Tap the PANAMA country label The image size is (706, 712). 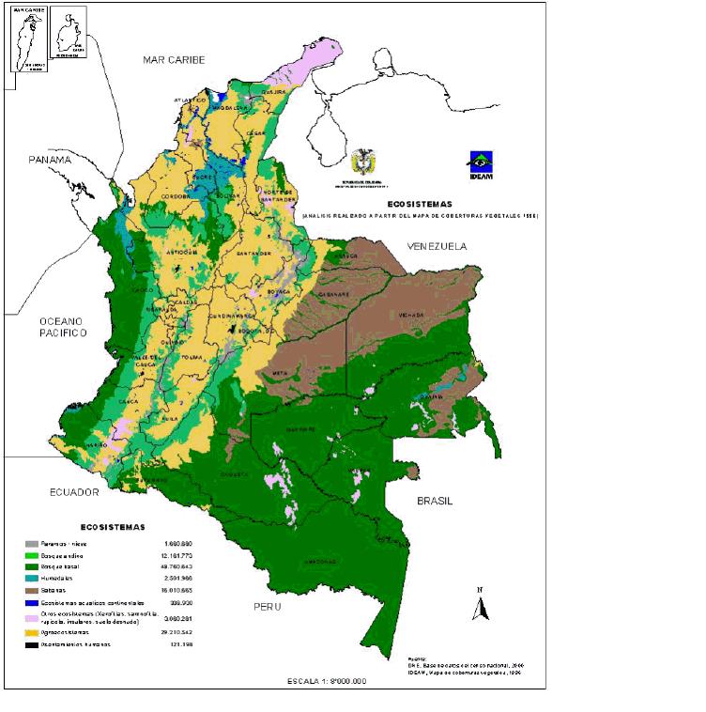pos(49,160)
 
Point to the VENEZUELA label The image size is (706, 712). pos(436,246)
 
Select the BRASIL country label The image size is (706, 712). pos(435,502)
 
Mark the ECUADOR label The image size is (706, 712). pos(76,491)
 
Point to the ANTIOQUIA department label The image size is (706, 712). pos(181,253)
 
